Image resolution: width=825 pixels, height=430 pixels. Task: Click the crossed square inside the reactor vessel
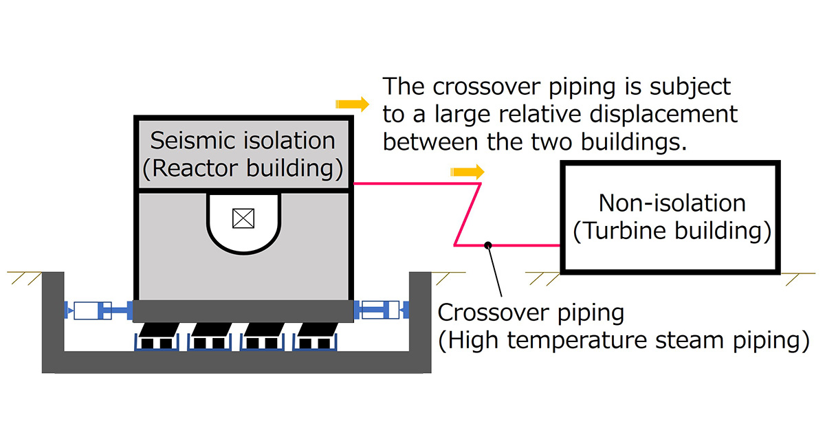click(x=243, y=218)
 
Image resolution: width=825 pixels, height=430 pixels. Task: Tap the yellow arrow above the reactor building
click(x=351, y=104)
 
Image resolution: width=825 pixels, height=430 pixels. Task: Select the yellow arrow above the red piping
click(x=467, y=171)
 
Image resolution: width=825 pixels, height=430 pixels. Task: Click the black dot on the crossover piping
click(x=487, y=245)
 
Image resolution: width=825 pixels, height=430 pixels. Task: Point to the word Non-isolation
click(x=672, y=203)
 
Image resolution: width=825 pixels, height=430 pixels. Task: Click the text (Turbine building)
click(x=672, y=231)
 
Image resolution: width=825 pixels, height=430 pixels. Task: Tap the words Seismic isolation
click(x=243, y=141)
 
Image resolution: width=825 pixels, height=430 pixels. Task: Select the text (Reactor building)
click(x=243, y=169)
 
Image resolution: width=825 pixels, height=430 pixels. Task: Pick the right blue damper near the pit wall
click(x=380, y=311)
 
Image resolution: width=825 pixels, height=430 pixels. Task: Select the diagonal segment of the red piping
click(x=467, y=214)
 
